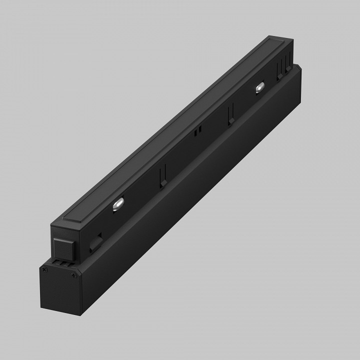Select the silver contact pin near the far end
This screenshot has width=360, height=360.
point(259,88)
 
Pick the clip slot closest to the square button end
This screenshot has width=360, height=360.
point(161,177)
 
